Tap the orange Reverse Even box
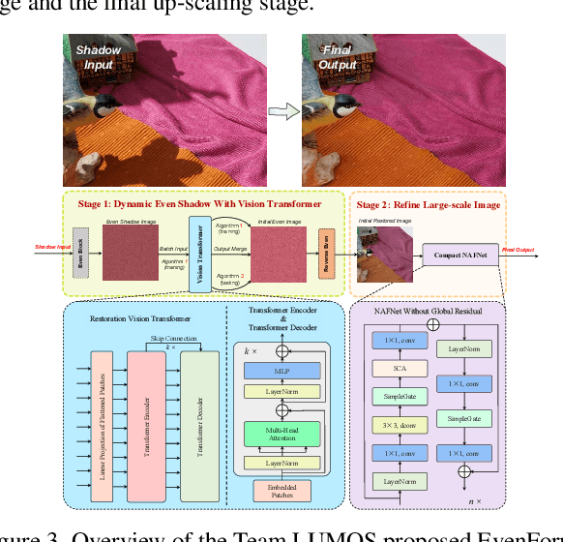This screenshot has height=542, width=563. pos(326,249)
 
